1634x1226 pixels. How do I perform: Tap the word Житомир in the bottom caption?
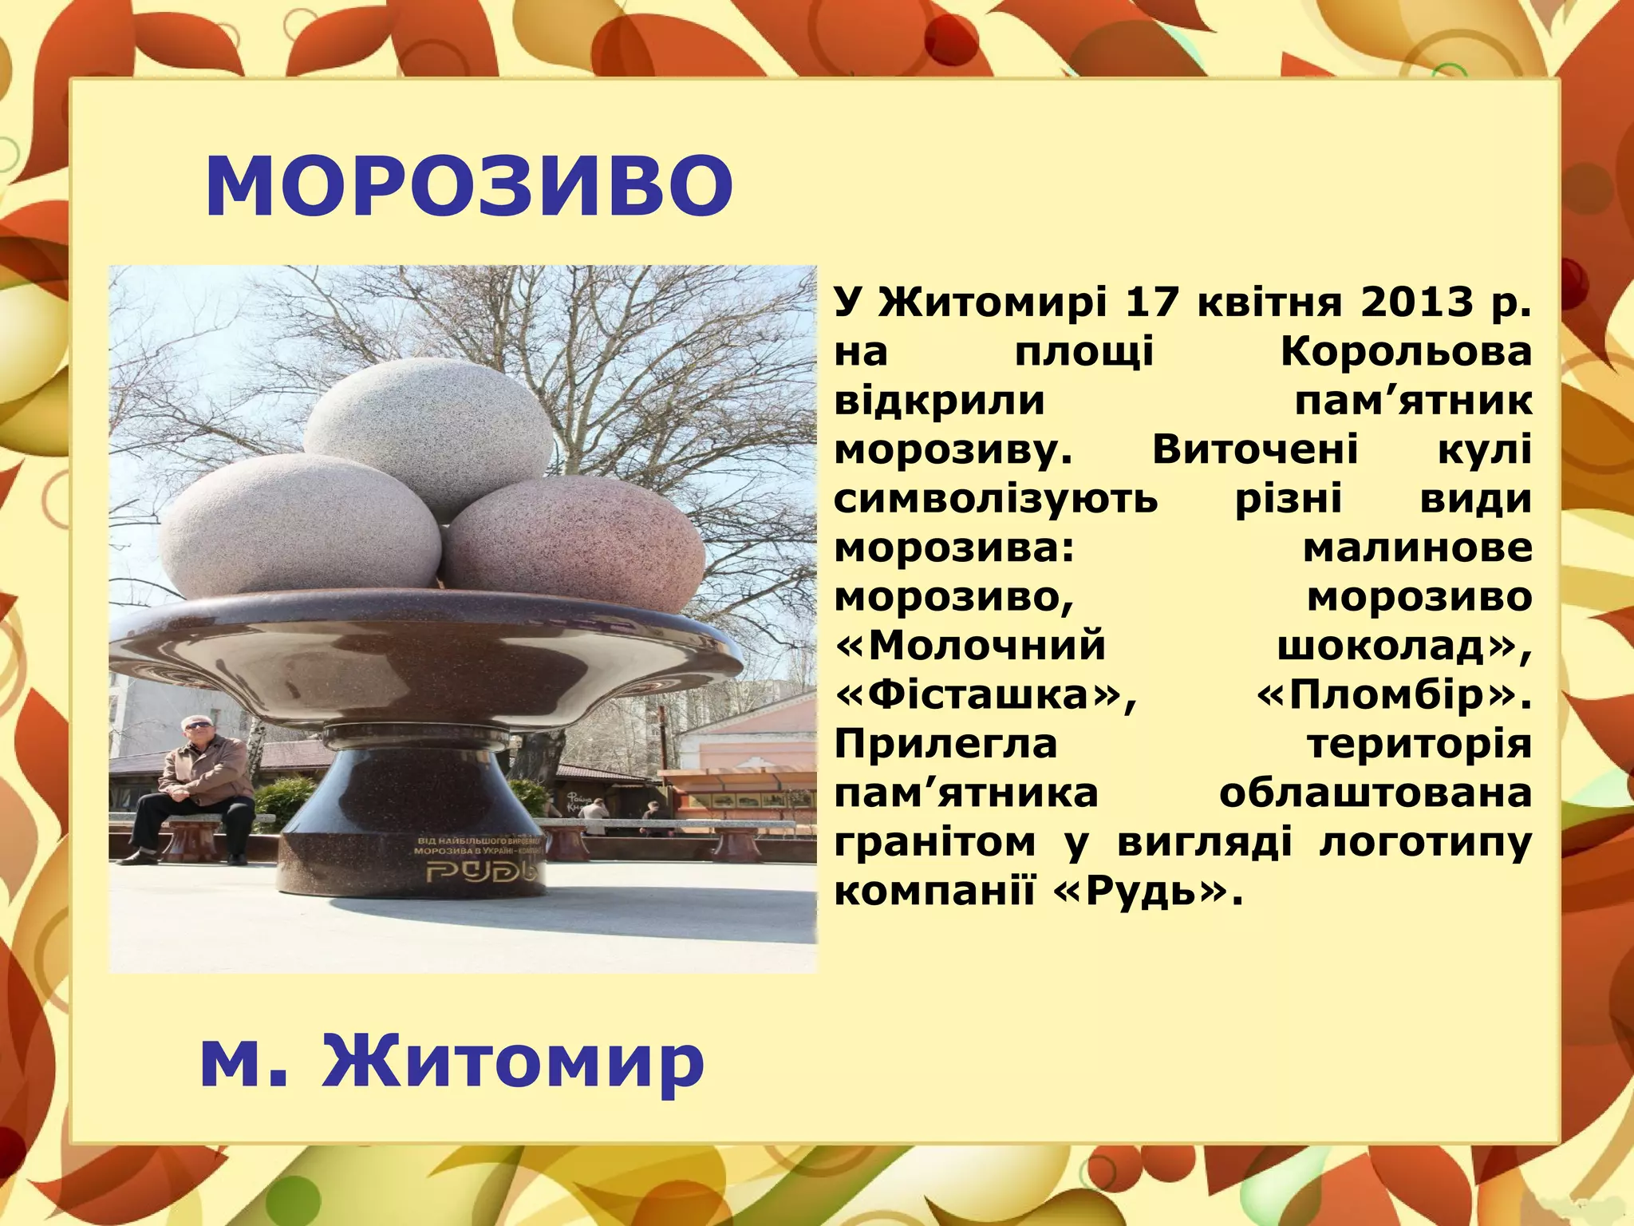click(x=512, y=1061)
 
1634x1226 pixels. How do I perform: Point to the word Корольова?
click(x=1406, y=351)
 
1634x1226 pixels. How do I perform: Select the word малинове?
click(x=1417, y=548)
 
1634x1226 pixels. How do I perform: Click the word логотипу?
click(x=1425, y=842)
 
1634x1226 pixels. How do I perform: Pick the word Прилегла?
click(x=945, y=744)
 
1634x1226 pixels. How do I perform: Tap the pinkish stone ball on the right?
click(x=573, y=543)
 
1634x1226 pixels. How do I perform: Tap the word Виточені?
click(x=1254, y=450)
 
